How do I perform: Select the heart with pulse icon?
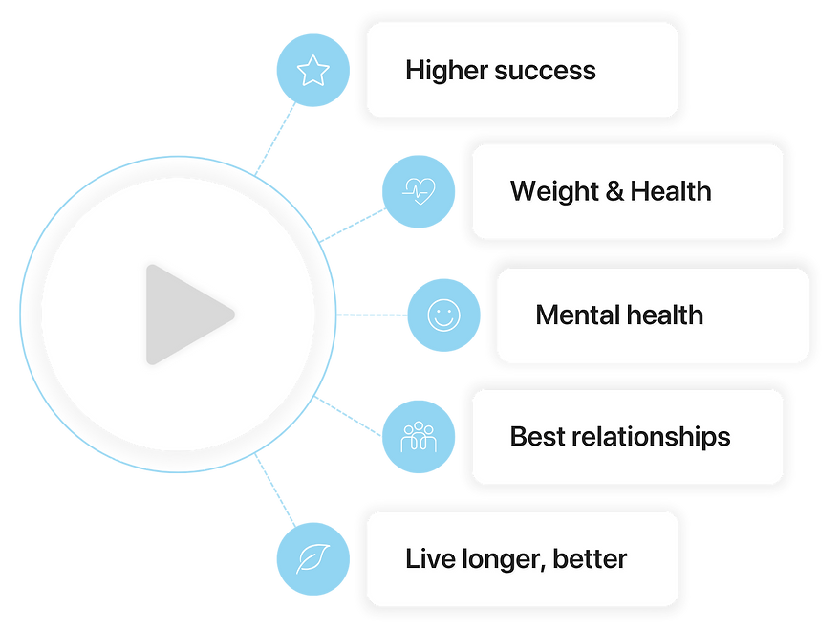(418, 191)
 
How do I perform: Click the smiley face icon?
(442, 315)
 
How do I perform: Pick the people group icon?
(418, 438)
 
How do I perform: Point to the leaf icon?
(312, 558)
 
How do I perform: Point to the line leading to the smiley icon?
(373, 315)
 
